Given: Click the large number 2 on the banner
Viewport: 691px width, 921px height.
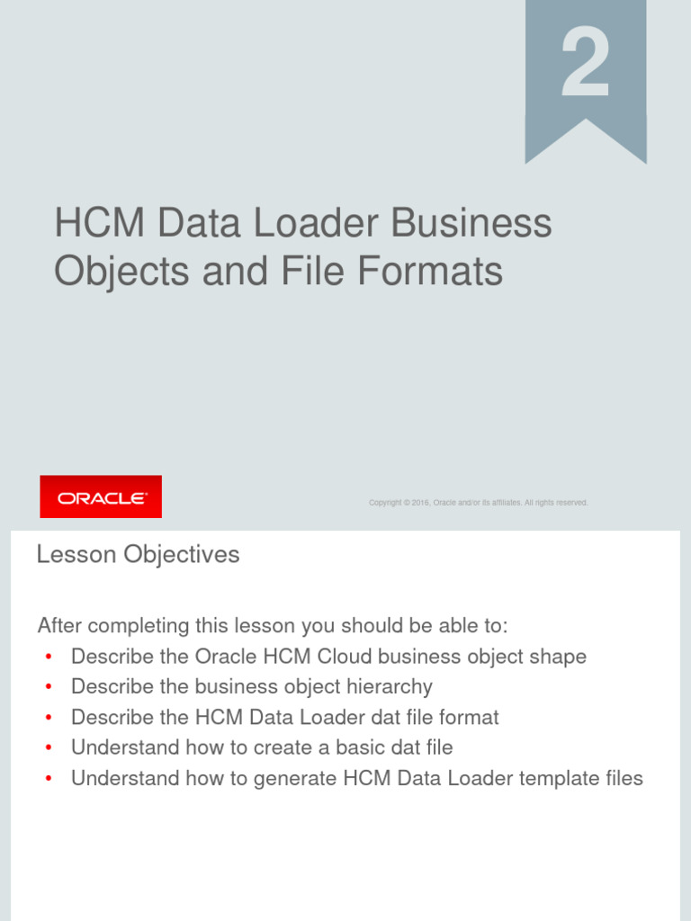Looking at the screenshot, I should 586,65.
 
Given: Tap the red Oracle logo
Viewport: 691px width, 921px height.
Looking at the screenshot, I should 101,496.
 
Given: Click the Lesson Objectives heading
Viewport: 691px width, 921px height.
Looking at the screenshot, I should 138,555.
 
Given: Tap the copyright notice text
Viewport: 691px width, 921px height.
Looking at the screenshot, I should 478,503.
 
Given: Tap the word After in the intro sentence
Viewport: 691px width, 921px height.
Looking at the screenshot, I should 61,625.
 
